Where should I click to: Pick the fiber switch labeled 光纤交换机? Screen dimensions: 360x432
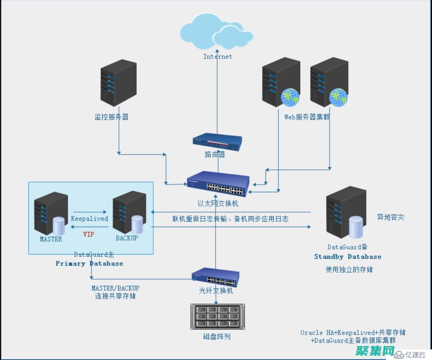click(215, 277)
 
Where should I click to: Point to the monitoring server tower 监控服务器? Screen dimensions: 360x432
click(119, 83)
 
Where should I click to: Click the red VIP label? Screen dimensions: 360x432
click(89, 234)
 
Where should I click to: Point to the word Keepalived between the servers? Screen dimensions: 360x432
click(89, 219)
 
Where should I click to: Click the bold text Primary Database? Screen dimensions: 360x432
click(89, 263)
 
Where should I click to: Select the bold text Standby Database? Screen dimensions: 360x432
click(348, 257)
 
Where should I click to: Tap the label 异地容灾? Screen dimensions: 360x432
click(390, 217)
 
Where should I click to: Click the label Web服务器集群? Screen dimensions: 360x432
click(307, 117)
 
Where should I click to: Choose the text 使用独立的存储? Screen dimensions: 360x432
click(349, 269)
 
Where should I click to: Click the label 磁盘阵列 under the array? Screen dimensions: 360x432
click(217, 337)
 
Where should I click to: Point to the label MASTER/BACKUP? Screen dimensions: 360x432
click(115, 288)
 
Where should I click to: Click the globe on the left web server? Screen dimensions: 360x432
click(290, 97)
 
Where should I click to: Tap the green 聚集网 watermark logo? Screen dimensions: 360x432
click(375, 351)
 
